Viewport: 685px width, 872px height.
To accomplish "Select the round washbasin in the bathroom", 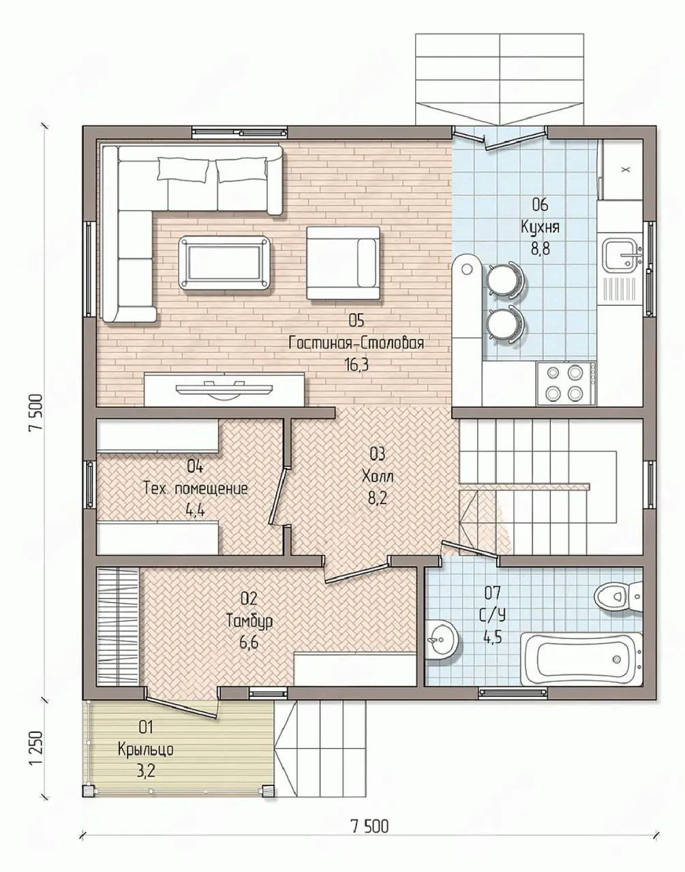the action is click(442, 639).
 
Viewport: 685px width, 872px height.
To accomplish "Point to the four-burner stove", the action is click(566, 383).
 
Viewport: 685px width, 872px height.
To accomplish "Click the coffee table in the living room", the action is click(225, 262).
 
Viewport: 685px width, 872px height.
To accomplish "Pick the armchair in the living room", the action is click(343, 263).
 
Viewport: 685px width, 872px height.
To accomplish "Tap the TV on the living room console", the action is click(225, 390).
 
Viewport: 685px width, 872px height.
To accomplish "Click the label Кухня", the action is click(540, 227).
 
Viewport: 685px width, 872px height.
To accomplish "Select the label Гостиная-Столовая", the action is click(356, 343).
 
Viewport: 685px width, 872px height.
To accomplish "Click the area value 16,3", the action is click(356, 365).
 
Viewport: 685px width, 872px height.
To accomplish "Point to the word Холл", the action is click(378, 477).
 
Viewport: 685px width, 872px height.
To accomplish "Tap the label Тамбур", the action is click(249, 621).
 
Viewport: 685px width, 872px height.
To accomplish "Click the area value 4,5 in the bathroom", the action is click(493, 638).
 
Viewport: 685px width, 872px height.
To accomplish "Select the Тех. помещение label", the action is click(196, 489).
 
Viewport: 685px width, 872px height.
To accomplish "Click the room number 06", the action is click(540, 205).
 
